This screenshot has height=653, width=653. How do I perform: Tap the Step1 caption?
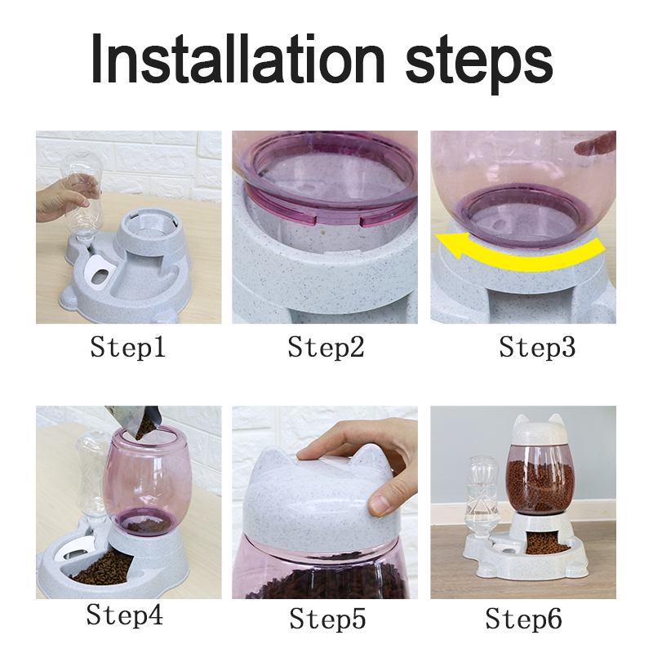click(128, 349)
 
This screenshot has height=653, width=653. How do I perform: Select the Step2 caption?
click(326, 349)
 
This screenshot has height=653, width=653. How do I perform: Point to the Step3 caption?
click(537, 349)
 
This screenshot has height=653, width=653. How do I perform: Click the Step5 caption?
click(325, 618)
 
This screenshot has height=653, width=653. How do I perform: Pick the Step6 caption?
click(523, 618)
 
